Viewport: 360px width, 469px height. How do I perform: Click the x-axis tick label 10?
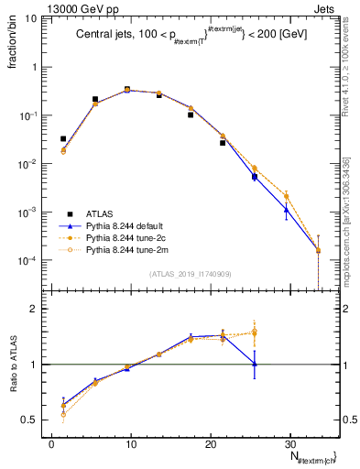pyautogui.click(x=131, y=443)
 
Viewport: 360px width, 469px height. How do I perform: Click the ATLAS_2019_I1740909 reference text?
pyautogui.click(x=189, y=274)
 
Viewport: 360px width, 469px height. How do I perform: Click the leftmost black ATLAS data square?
pyautogui.click(x=63, y=139)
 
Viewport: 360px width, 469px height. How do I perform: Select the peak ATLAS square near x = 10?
pyautogui.click(x=127, y=90)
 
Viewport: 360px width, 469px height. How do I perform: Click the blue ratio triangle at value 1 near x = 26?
pyautogui.click(x=255, y=364)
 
